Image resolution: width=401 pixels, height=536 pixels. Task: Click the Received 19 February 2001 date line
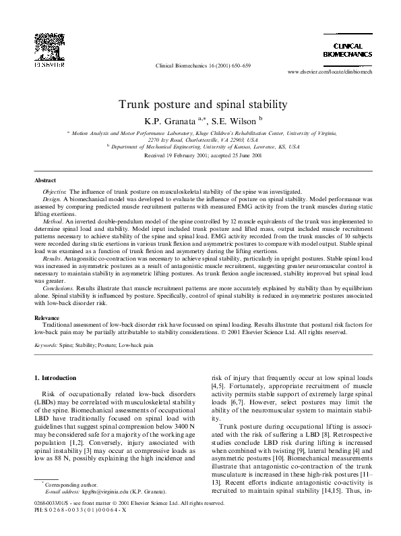tap(203, 155)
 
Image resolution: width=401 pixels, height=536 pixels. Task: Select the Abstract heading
tap(45, 181)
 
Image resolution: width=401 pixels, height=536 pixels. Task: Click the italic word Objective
tap(56, 192)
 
